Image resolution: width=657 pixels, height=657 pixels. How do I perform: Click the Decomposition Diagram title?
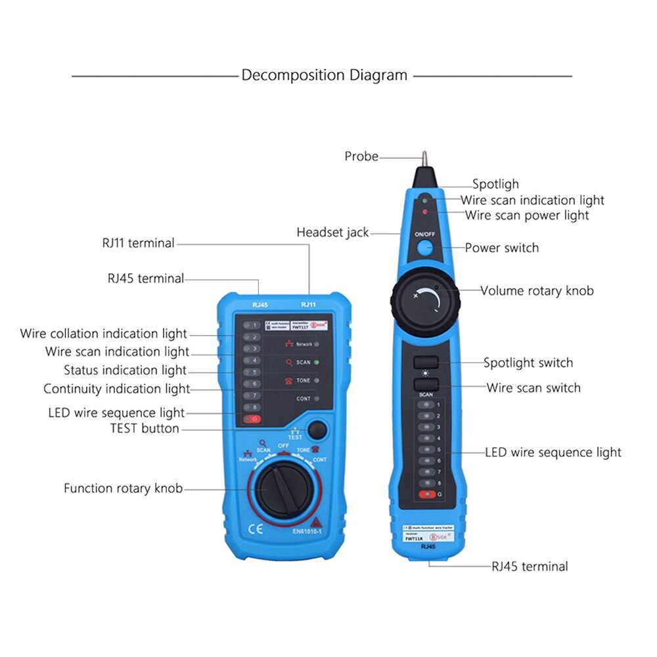325,75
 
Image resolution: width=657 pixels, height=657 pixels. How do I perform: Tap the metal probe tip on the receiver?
424,160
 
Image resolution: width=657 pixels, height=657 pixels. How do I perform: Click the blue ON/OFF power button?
425,248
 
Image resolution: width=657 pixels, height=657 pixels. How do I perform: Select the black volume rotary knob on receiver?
425,300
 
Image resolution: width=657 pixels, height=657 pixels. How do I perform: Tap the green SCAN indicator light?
316,362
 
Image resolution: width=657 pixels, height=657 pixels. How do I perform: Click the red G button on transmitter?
250,419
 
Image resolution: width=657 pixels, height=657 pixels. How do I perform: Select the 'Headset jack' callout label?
332,232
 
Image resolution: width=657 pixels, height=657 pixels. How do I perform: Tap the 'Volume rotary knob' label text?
537,290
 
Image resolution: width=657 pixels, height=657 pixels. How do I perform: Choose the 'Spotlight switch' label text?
528,363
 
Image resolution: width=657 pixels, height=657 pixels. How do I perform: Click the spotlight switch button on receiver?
426,362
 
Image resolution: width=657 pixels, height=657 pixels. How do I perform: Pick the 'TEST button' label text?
145,428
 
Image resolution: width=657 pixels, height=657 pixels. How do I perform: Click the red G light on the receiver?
427,494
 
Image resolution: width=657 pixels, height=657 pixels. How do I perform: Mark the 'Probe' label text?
361,156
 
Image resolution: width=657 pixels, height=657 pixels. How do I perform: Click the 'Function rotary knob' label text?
123,488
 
